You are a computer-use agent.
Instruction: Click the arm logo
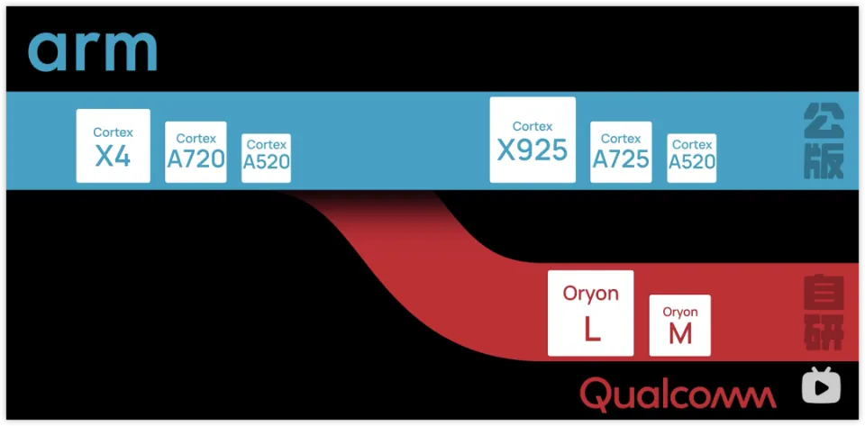click(x=93, y=51)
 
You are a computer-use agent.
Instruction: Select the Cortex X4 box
click(x=113, y=146)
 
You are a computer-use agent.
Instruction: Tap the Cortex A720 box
click(x=196, y=152)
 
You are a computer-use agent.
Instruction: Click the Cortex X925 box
click(x=533, y=140)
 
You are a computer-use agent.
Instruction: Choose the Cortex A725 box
click(x=621, y=152)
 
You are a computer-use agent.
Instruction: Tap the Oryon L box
click(x=591, y=313)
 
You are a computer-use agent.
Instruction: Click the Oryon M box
click(x=680, y=324)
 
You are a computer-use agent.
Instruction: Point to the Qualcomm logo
click(x=678, y=394)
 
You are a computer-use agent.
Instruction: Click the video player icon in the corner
click(x=821, y=385)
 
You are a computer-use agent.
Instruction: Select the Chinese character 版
click(x=824, y=163)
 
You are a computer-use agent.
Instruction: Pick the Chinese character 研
click(x=824, y=333)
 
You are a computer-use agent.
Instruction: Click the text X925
click(x=533, y=150)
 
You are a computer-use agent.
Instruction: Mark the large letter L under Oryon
click(x=592, y=330)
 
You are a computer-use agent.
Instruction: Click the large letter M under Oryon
click(x=680, y=334)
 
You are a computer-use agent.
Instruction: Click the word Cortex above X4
click(x=113, y=132)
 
